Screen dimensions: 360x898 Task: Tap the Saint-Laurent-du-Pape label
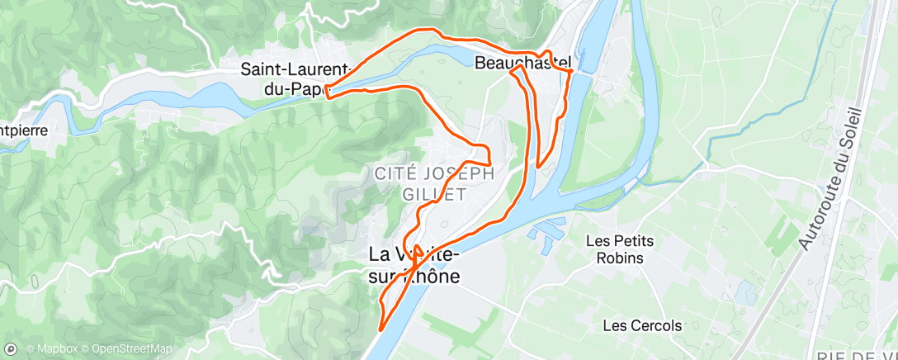click(297, 77)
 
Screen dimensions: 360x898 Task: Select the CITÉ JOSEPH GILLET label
click(434, 183)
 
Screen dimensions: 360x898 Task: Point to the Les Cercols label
click(642, 325)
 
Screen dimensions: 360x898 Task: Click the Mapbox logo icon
click(12, 348)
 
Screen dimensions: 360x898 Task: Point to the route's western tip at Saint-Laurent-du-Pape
click(328, 92)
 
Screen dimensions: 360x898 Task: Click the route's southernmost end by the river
click(380, 329)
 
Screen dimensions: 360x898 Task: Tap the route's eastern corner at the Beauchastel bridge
click(571, 72)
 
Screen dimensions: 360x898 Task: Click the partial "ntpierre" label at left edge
click(24, 130)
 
